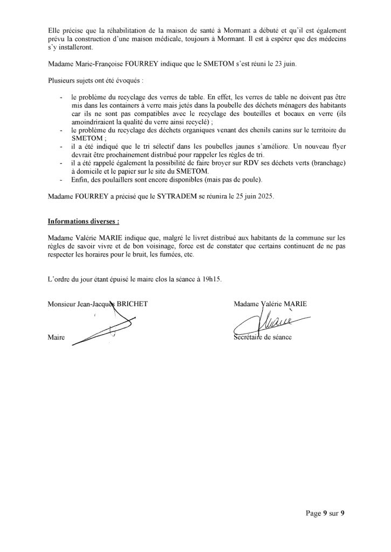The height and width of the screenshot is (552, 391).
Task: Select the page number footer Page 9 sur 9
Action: pyautogui.click(x=322, y=513)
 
